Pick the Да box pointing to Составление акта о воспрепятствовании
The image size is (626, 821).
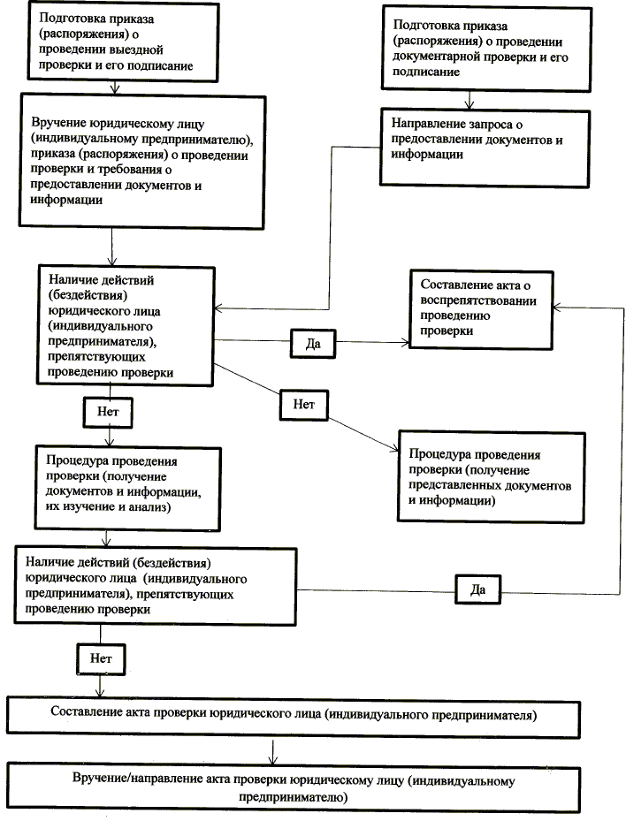coord(313,342)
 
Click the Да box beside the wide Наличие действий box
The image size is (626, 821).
coord(478,587)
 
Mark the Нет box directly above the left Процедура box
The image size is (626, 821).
coord(108,410)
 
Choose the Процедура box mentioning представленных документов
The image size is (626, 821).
coord(492,477)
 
